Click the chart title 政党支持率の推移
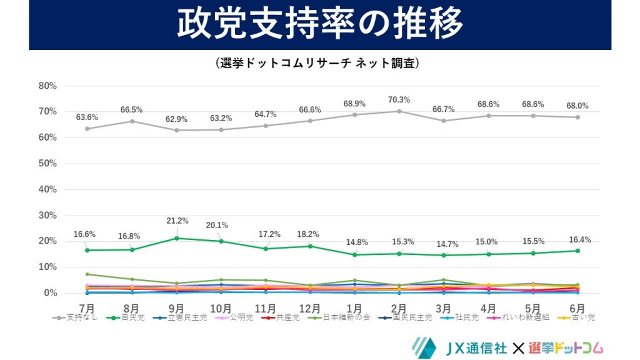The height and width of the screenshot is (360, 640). [x=319, y=24]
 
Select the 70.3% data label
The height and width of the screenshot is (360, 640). [x=399, y=100]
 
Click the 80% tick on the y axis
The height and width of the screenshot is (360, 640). [x=47, y=86]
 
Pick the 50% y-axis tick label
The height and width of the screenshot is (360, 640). [x=47, y=164]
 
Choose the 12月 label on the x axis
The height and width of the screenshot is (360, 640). [x=310, y=308]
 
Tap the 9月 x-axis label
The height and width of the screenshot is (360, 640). [x=177, y=308]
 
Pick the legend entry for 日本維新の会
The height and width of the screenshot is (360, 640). [x=347, y=317]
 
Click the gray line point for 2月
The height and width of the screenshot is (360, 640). [x=399, y=111]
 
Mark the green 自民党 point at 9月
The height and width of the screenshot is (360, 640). [x=177, y=238]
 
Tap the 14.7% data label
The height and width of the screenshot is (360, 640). [x=444, y=244]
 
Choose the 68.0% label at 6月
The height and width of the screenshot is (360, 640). [x=577, y=106]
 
